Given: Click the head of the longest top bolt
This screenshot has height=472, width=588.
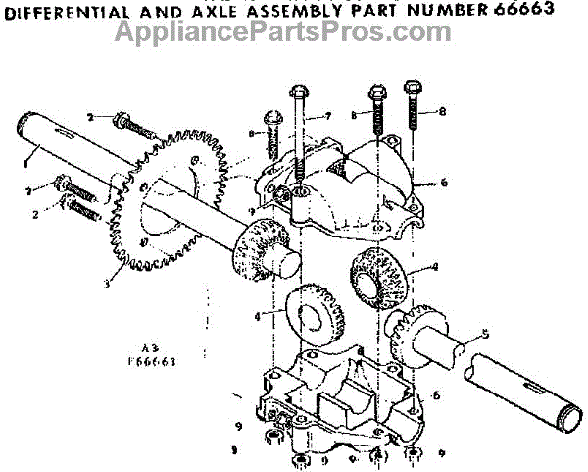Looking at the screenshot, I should [299, 94].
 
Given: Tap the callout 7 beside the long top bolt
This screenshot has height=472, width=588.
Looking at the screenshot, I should [329, 116].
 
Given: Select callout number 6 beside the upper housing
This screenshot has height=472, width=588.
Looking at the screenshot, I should [444, 183].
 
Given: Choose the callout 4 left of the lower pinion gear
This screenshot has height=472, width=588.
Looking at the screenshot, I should [258, 316].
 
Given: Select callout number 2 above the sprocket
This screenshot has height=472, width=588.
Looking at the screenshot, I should [89, 117].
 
